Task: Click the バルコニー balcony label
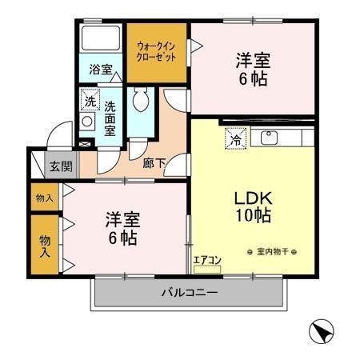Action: pos(188,293)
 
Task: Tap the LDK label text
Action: pos(254,198)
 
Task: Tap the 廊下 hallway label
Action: pos(154,163)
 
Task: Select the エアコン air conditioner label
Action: pos(206,260)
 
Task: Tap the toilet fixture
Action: pos(142,102)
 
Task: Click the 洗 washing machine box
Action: pos(90,102)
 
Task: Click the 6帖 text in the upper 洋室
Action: pos(250,78)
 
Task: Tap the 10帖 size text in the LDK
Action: pos(253,216)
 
